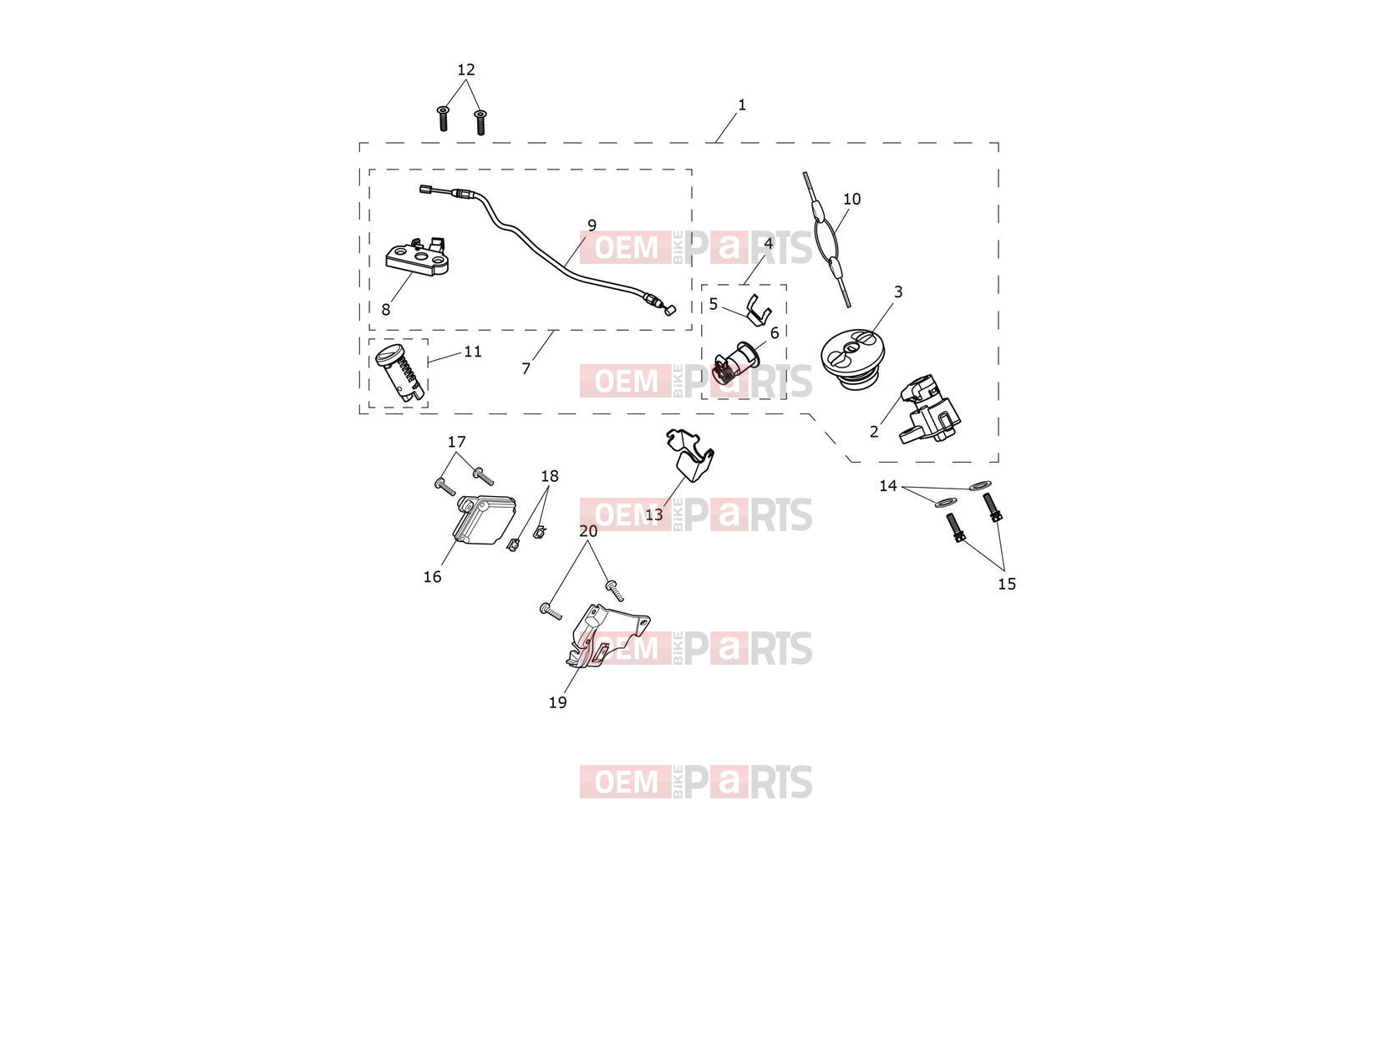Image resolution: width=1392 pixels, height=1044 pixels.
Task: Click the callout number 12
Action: click(x=466, y=69)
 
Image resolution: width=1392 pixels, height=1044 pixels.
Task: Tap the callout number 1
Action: click(x=742, y=104)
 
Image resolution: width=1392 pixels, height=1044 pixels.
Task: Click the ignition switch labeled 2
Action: click(x=929, y=409)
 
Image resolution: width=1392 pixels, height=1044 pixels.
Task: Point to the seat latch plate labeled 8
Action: click(x=417, y=257)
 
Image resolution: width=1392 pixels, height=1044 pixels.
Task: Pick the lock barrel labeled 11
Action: click(x=401, y=372)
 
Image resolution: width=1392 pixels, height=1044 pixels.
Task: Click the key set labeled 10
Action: click(x=827, y=239)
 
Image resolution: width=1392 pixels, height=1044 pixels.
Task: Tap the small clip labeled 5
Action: click(x=759, y=309)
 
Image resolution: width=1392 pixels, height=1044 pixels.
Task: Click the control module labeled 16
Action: click(x=485, y=519)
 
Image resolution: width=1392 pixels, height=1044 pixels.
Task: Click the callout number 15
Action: click(x=1007, y=584)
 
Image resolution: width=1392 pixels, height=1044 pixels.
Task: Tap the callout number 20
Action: click(x=588, y=531)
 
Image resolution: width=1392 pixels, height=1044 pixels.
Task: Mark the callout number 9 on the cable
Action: click(x=592, y=225)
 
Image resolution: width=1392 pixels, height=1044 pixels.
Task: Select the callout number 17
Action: click(x=456, y=441)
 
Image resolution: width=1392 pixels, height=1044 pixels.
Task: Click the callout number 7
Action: click(x=526, y=368)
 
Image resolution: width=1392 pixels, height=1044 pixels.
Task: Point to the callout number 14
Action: click(x=888, y=485)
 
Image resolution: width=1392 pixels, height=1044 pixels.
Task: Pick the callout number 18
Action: click(x=550, y=476)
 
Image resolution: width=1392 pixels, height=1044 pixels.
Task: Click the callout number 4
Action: click(x=769, y=243)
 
